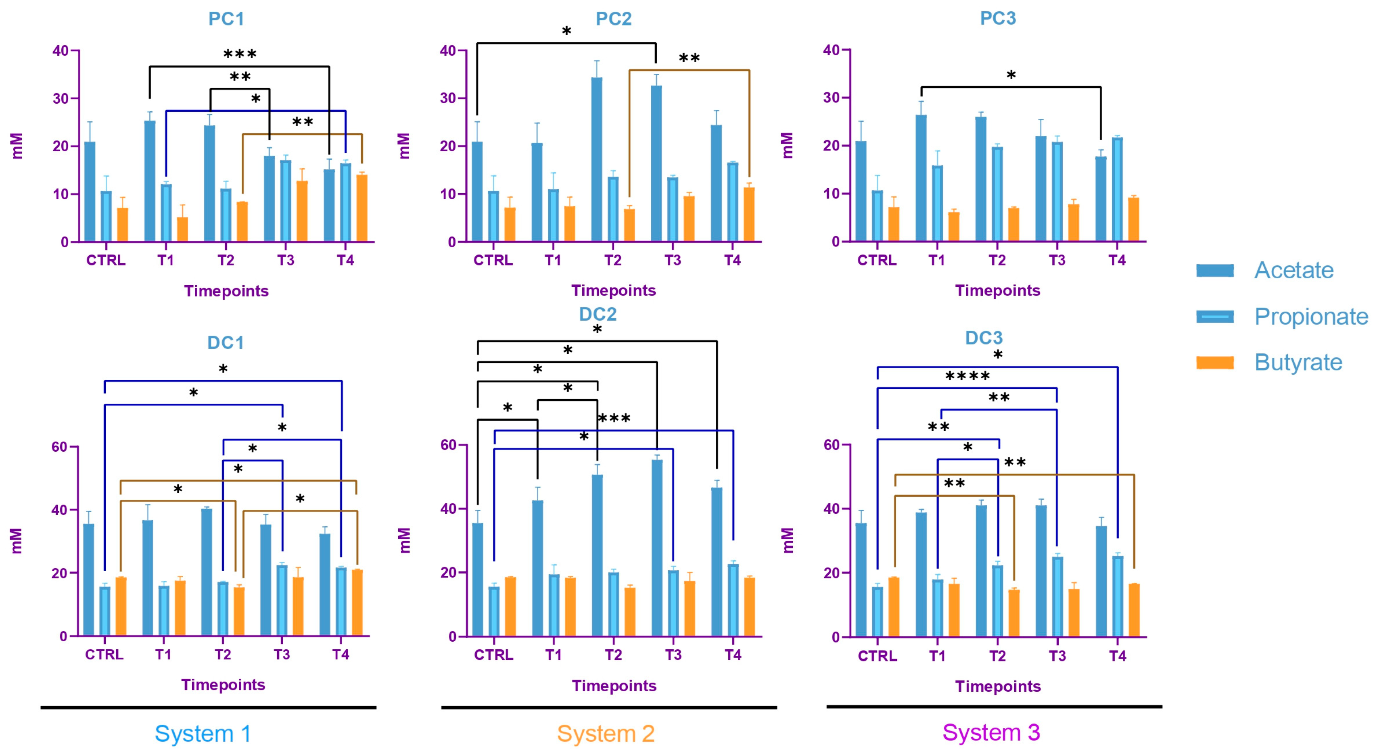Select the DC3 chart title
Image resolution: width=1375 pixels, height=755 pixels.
tap(983, 338)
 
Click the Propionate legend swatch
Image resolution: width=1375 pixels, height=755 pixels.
tap(1215, 317)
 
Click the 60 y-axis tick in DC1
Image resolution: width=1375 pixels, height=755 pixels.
tap(59, 446)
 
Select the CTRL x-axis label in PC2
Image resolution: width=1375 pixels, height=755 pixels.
tap(493, 261)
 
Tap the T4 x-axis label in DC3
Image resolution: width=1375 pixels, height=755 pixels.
tap(1117, 656)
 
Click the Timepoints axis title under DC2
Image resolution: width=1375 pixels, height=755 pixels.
tap(614, 686)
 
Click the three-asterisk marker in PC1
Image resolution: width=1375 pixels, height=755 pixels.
tap(240, 54)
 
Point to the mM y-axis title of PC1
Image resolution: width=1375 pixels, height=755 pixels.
tap(17, 146)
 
